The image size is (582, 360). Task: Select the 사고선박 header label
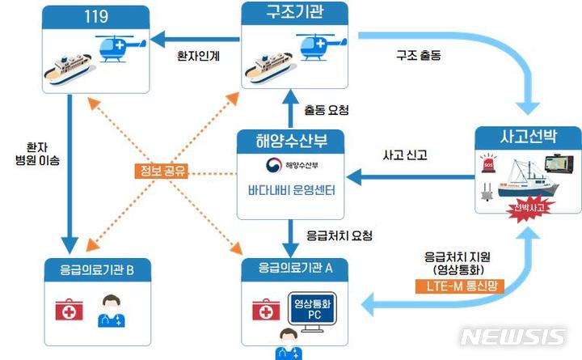click(x=528, y=136)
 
